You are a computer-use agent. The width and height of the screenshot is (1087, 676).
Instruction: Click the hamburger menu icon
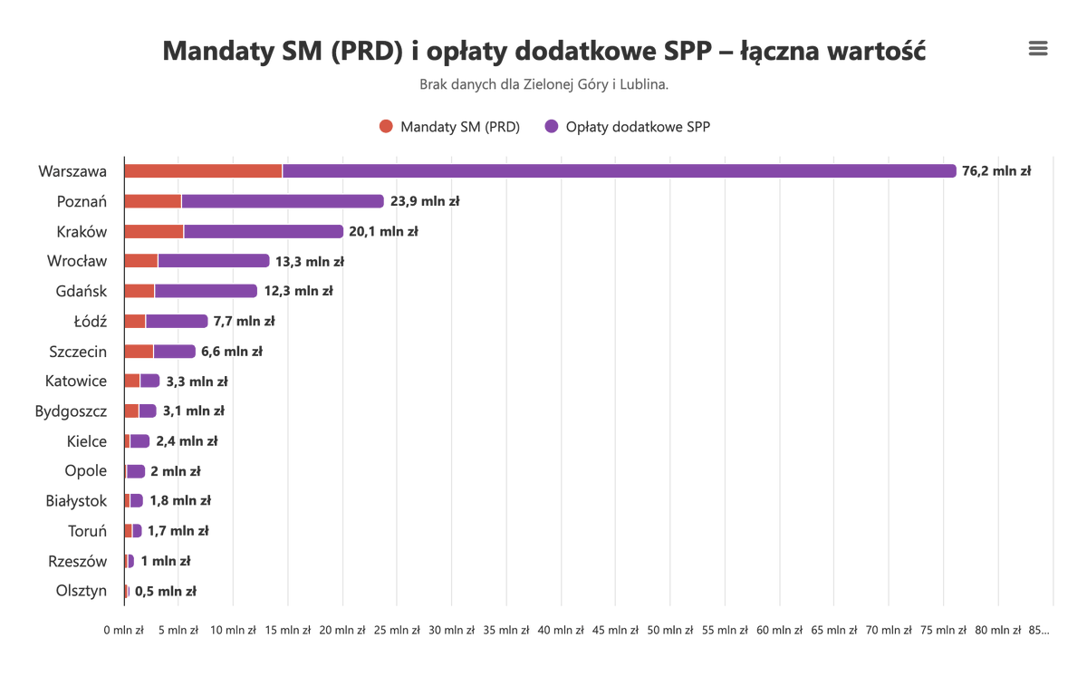(1038, 49)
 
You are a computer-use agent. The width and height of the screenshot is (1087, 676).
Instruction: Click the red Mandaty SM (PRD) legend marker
(387, 127)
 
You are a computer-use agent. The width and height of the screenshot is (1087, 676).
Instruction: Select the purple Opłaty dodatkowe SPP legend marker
(552, 127)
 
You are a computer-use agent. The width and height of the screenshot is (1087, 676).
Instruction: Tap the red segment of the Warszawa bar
(203, 171)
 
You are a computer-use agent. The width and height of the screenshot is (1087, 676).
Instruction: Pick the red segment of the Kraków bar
(154, 231)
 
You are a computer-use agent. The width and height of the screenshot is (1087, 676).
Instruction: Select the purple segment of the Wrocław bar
(214, 261)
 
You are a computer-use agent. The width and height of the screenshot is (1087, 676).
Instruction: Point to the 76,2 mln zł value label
(996, 171)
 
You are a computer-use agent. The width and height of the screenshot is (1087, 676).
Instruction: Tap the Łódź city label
(91, 321)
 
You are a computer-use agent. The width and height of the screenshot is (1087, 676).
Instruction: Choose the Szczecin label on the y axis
(78, 351)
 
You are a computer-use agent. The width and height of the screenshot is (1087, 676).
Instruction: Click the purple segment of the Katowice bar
(150, 381)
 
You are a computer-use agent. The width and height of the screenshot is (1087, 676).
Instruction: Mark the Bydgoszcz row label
(71, 410)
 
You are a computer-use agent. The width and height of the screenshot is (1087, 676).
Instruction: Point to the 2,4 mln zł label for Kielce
(187, 441)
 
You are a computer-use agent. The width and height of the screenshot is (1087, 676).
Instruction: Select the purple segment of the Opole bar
(136, 471)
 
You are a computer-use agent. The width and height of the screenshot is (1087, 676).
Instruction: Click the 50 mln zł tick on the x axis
(670, 630)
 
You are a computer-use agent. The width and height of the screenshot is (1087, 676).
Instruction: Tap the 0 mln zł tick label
(124, 630)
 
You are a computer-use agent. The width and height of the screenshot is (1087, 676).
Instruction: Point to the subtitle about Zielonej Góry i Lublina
(543, 84)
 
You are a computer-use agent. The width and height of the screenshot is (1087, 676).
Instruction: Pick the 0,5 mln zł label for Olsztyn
(166, 592)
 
